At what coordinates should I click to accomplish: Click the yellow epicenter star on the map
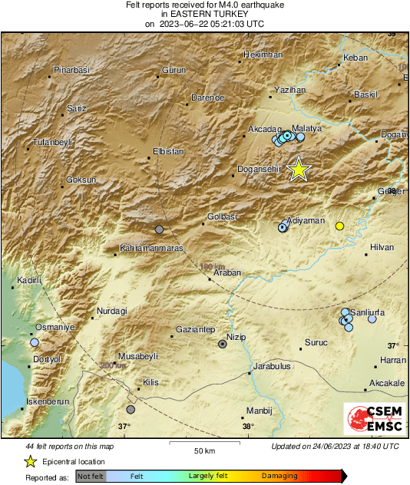299,170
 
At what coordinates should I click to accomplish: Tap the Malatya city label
307,128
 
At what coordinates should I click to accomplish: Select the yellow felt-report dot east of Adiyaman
339,226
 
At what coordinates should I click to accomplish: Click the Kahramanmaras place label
150,249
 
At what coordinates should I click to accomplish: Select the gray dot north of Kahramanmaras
159,229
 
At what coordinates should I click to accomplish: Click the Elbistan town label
168,151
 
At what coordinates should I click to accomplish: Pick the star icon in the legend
30,461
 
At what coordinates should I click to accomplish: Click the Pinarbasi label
71,70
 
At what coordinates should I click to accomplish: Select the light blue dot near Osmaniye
35,342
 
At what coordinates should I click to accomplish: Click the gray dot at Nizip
223,345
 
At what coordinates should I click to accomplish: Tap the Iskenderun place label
49,401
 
